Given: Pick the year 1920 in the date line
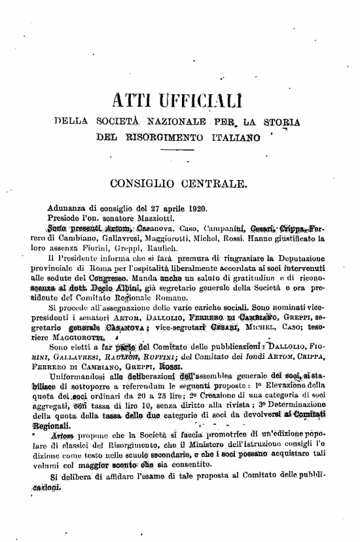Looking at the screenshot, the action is (194, 208).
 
